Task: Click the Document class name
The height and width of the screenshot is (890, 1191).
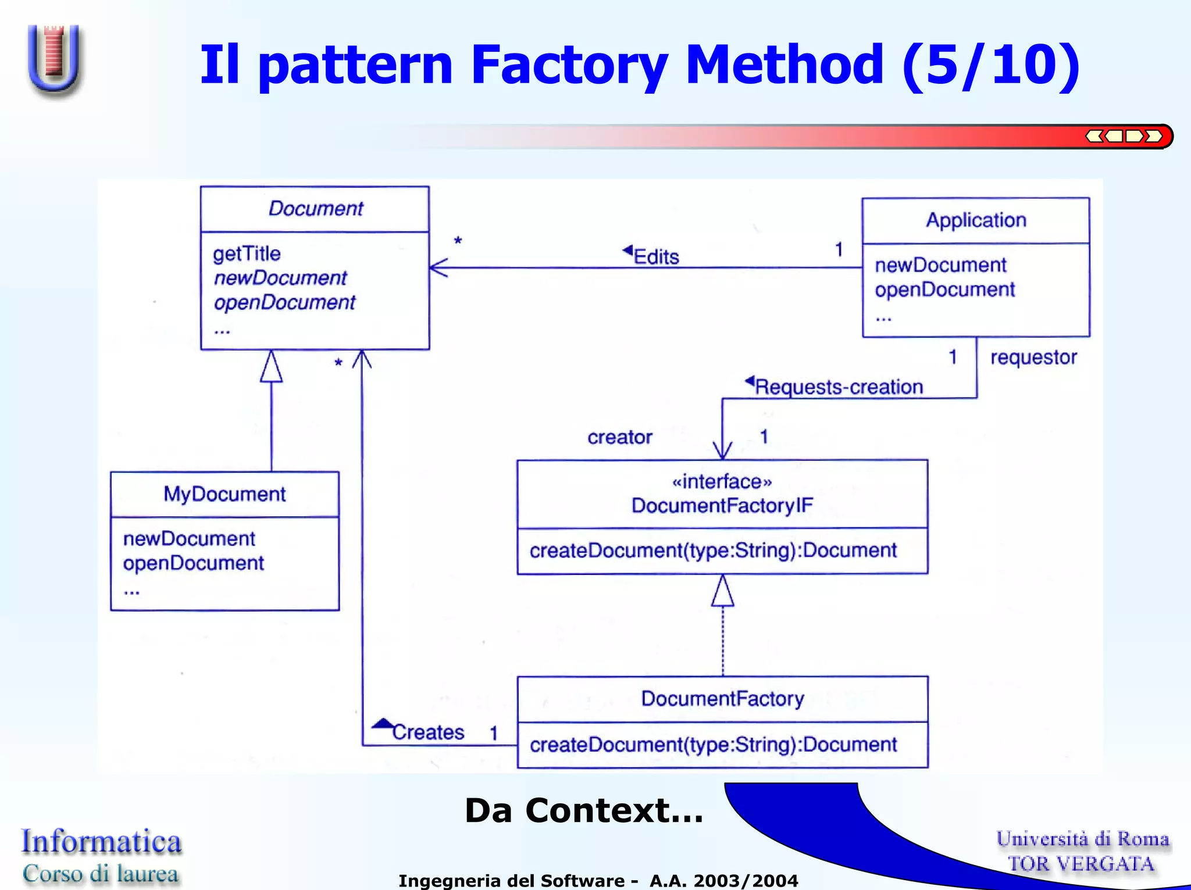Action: pos(315,208)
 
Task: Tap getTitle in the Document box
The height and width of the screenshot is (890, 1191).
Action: pos(247,253)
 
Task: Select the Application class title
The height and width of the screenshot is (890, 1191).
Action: pos(976,220)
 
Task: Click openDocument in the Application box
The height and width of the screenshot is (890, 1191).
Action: pos(944,289)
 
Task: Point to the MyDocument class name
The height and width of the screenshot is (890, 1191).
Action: pos(224,494)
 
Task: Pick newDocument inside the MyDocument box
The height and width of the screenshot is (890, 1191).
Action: pos(189,538)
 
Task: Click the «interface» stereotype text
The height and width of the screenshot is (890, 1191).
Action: pos(722,481)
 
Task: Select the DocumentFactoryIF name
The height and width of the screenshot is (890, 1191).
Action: pos(722,505)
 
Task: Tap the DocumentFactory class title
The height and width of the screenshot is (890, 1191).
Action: pos(722,698)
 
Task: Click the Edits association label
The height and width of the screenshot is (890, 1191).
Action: pos(656,256)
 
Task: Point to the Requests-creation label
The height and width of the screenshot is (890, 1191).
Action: pos(839,387)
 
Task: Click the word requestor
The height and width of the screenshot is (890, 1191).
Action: pos(1033,357)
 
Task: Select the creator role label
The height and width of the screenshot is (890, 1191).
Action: pos(619,437)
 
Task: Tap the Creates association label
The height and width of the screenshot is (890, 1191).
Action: pos(428,732)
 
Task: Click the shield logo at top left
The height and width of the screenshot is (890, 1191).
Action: pos(54,58)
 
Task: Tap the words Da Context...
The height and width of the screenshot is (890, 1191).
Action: pos(583,810)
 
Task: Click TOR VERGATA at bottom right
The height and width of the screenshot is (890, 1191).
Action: pos(1081,863)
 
